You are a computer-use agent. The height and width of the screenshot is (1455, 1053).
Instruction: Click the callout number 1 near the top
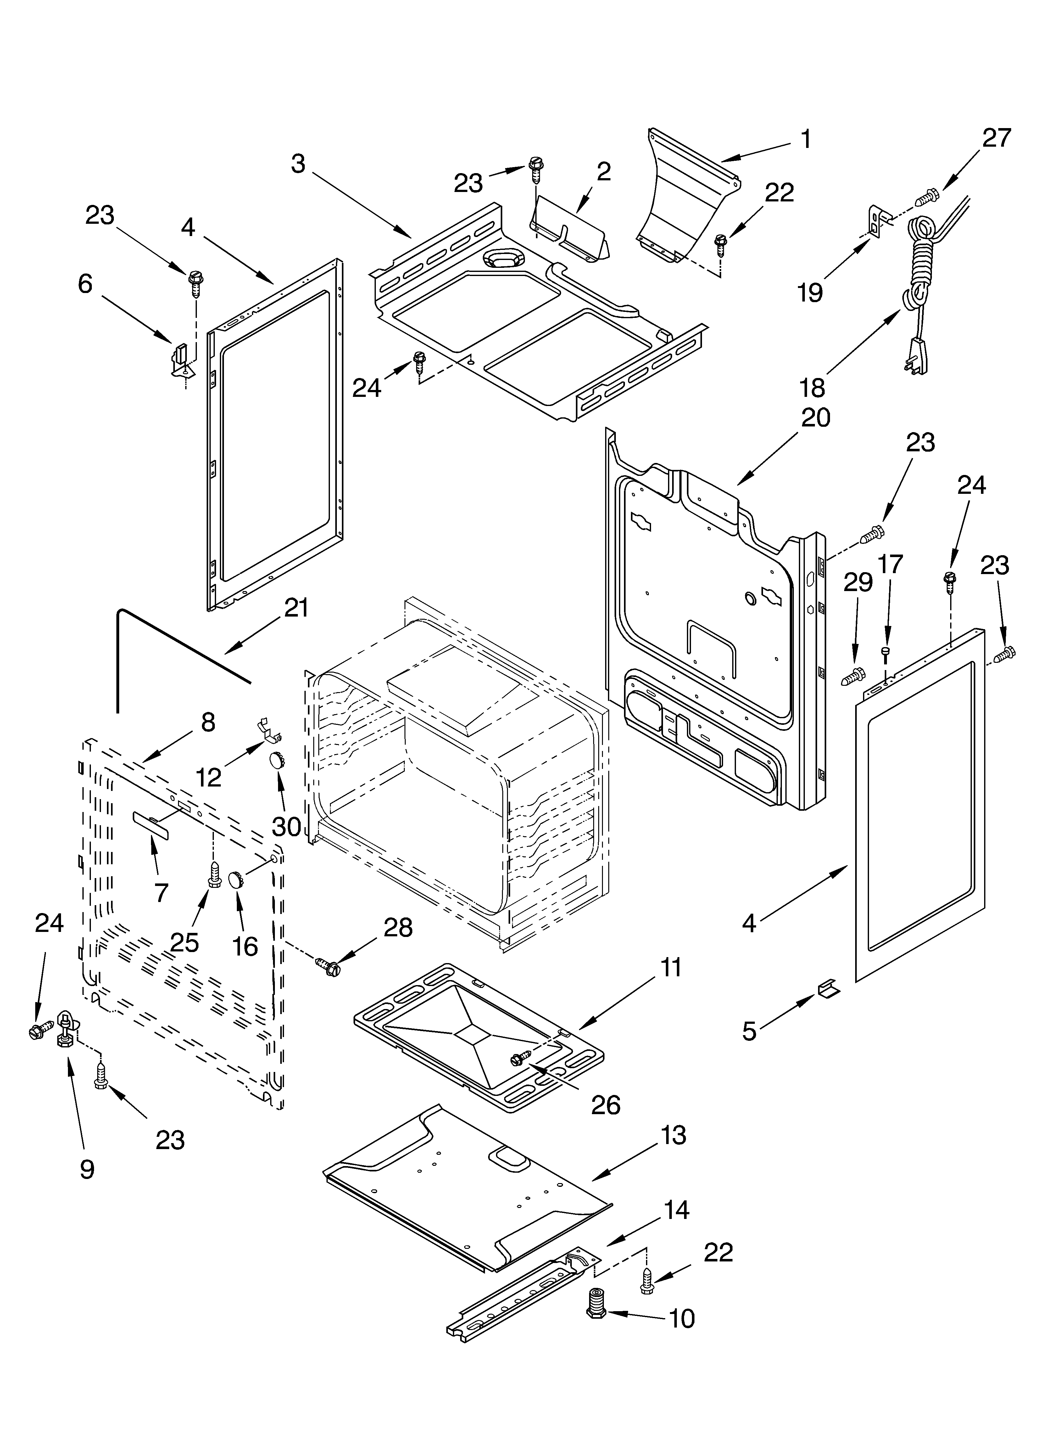tap(805, 139)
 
